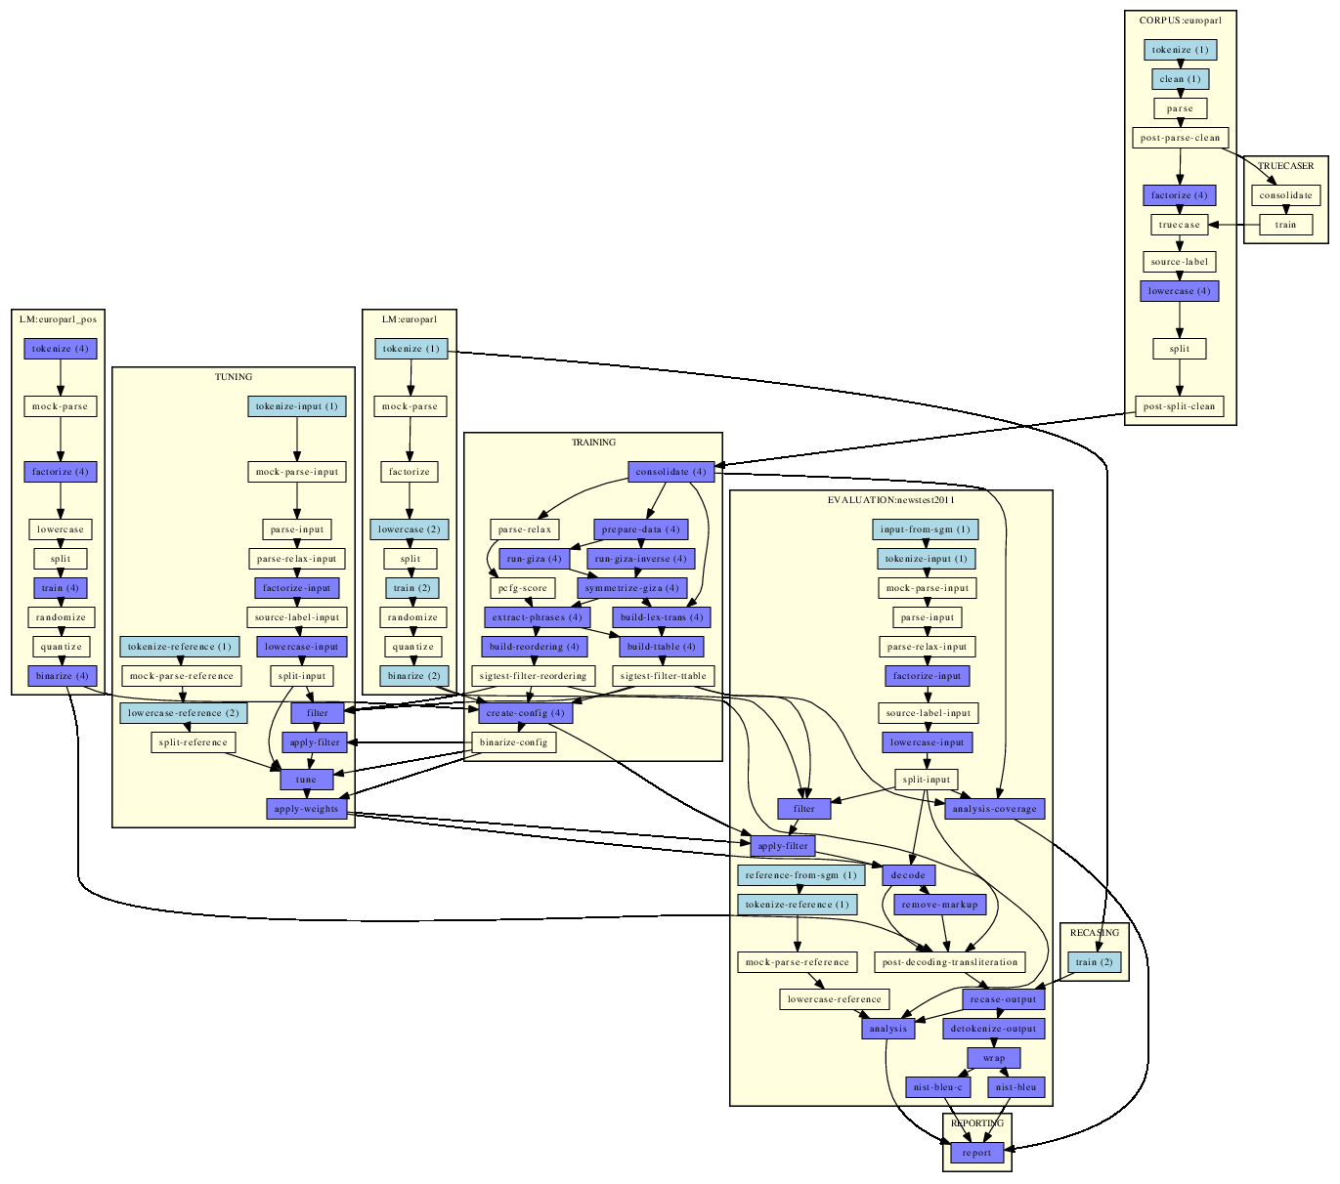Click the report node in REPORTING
(976, 1153)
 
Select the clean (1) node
(1180, 79)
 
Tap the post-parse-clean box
(1180, 138)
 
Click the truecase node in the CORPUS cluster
(1180, 225)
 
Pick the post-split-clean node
(1180, 406)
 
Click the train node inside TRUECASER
(1285, 225)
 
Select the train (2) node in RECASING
(1094, 962)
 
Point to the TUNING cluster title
(234, 377)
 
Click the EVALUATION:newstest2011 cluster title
(891, 500)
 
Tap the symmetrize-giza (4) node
(631, 588)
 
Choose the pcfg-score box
(523, 588)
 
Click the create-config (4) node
(525, 713)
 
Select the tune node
(306, 780)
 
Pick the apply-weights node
(306, 809)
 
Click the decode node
(908, 875)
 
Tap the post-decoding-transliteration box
(950, 962)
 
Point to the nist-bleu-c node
(938, 1087)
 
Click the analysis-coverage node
(995, 809)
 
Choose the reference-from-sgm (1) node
(800, 875)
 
